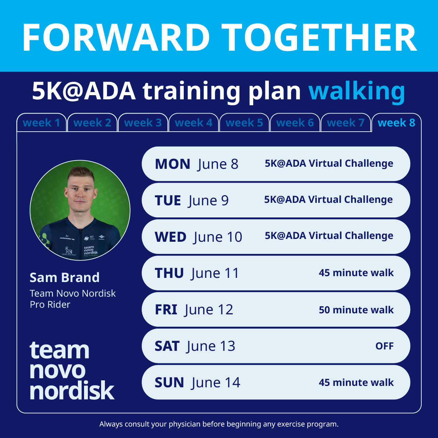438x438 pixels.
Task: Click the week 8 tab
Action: click(396, 123)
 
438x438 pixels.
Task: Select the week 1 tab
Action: click(41, 123)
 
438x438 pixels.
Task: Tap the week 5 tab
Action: click(244, 123)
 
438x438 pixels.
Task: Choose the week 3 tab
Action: click(143, 123)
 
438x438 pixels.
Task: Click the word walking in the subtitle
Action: click(357, 91)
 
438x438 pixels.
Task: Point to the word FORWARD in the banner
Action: click(116, 38)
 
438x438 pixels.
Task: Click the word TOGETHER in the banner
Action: click(319, 38)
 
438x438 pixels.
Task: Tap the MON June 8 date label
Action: click(197, 164)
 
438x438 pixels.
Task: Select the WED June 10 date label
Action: click(198, 237)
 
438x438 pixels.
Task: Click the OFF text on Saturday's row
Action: click(384, 346)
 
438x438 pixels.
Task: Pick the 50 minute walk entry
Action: click(356, 309)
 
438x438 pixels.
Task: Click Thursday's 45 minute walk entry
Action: click(356, 273)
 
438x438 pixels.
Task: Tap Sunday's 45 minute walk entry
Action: click(356, 382)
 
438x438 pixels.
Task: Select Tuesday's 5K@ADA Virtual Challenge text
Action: click(328, 200)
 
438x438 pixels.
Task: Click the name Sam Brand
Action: click(65, 278)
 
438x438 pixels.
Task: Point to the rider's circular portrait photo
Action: click(80, 210)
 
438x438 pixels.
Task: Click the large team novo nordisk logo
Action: click(72, 370)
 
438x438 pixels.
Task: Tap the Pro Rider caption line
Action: click(50, 305)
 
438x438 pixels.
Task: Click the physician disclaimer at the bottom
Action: click(219, 424)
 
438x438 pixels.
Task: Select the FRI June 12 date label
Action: click(194, 309)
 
